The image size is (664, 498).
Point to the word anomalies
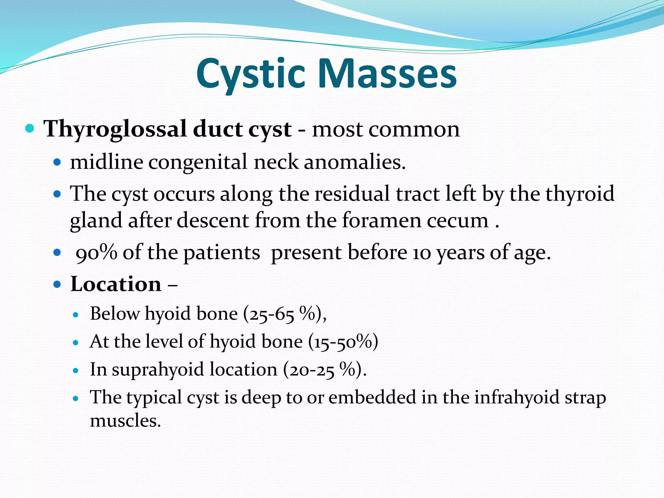(355, 162)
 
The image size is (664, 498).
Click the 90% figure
(96, 253)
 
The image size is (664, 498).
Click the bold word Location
(116, 284)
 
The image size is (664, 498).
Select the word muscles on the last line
(125, 421)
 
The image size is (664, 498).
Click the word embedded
(372, 397)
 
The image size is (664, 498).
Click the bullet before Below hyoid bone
(76, 314)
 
